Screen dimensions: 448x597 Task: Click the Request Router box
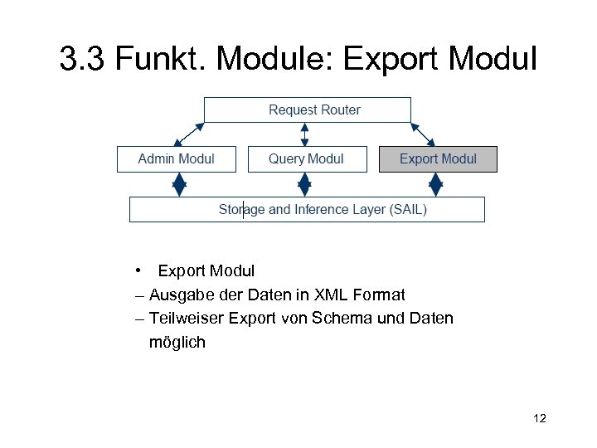[308, 110]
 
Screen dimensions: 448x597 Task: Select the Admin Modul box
[176, 158]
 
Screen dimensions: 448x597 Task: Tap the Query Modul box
[307, 158]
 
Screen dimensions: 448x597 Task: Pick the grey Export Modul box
[438, 158]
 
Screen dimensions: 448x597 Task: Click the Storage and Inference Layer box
[307, 209]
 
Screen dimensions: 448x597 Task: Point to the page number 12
[540, 418]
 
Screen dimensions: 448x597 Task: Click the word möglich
[177, 342]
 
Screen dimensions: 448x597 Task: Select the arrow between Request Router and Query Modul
[306, 134]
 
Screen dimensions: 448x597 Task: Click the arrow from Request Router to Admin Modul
[188, 134]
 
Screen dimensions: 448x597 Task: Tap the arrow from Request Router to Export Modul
[423, 134]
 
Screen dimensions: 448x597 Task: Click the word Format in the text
[378, 295]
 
